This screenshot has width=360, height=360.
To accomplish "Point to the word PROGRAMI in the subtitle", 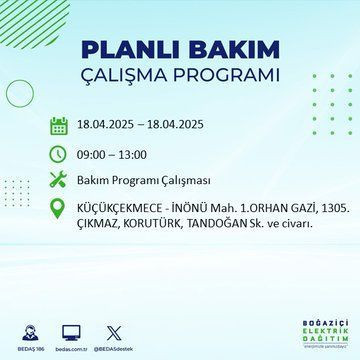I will (x=228, y=76).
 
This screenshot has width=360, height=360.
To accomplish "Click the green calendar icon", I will (x=60, y=126).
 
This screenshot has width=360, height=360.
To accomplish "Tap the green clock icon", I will (x=60, y=155).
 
